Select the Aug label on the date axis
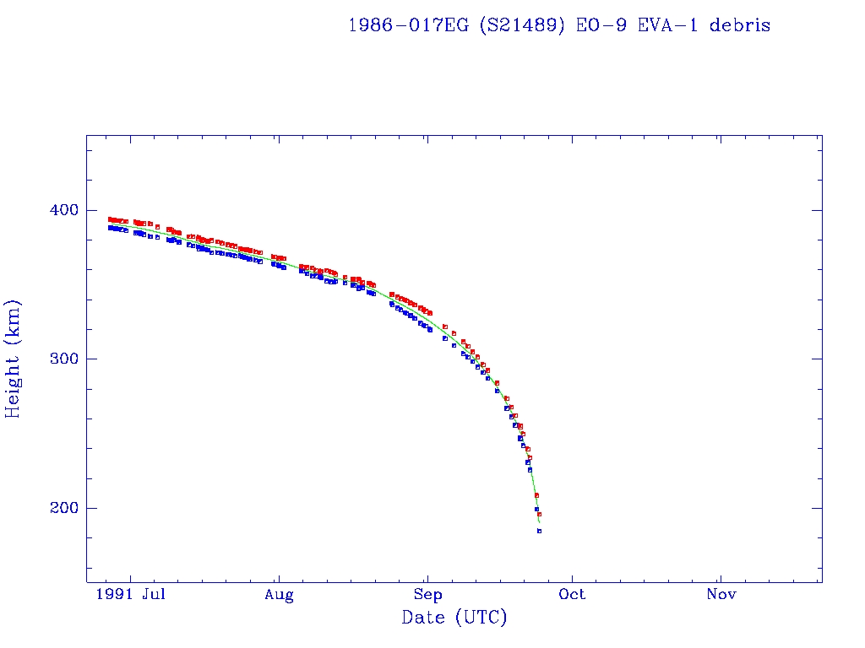(x=279, y=596)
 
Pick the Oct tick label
(x=572, y=596)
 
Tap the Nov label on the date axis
(x=721, y=596)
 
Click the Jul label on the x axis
(x=153, y=596)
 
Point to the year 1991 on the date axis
(x=114, y=596)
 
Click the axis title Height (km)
(x=14, y=359)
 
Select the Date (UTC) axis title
(x=454, y=618)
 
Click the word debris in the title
(x=740, y=25)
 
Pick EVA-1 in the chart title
(x=672, y=25)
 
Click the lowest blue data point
(x=539, y=531)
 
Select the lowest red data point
(x=539, y=514)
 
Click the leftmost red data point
(x=110, y=219)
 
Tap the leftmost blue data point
(x=110, y=228)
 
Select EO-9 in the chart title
(x=603, y=25)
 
